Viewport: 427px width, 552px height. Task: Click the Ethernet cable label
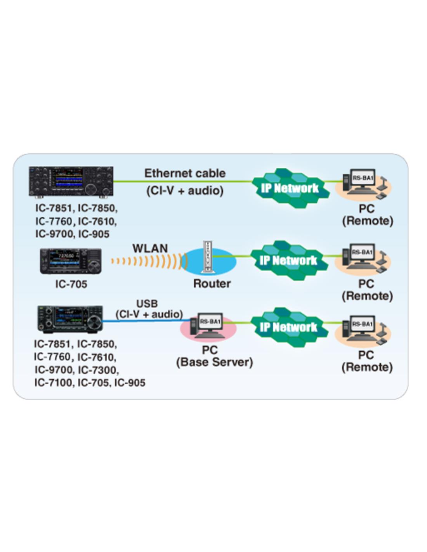coord(185,173)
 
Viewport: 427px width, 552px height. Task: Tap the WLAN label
coord(150,248)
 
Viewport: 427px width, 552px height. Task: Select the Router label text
coord(212,284)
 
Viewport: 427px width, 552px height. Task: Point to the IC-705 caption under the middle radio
coord(71,284)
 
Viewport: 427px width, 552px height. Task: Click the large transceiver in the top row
coord(71,181)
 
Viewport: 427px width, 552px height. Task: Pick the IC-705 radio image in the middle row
coord(71,261)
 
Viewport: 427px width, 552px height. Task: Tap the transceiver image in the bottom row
coord(70,319)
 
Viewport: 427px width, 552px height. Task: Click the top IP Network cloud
coord(290,188)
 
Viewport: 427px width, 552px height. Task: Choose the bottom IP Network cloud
coord(288,327)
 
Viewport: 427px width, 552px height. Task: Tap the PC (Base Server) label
coord(214,356)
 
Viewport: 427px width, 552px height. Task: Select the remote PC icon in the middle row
coord(362,257)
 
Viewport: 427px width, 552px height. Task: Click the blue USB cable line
coord(148,321)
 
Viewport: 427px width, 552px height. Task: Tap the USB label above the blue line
coord(147,304)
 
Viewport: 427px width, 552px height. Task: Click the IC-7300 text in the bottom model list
coord(98,370)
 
